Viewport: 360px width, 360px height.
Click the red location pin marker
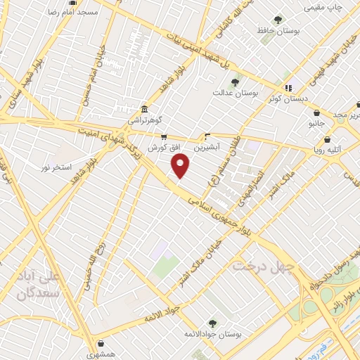point(181,166)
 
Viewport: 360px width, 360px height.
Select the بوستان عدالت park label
point(235,92)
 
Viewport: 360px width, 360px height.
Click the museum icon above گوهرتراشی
point(144,109)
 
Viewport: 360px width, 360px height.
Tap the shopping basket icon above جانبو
point(317,112)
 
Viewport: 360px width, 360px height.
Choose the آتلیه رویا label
point(323,148)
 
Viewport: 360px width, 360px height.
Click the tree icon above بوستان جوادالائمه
point(212,323)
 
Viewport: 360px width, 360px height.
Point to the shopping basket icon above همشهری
point(103,345)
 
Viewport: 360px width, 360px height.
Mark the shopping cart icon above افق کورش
point(164,138)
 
